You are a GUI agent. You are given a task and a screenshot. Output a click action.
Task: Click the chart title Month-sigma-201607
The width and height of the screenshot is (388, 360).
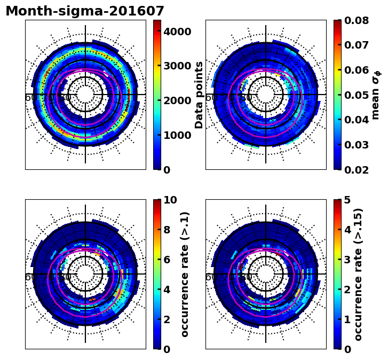85,11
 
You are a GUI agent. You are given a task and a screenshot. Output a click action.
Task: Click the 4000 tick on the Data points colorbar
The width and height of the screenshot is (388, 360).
177,32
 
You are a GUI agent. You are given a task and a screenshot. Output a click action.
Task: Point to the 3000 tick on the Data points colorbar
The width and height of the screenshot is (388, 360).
177,66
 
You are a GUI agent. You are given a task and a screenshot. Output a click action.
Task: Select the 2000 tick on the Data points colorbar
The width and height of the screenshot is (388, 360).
177,101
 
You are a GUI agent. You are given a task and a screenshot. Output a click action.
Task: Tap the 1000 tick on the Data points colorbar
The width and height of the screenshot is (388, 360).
177,135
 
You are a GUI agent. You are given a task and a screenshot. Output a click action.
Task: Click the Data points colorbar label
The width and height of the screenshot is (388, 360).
200,95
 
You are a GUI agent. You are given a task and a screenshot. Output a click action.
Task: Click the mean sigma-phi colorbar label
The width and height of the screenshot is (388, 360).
376,95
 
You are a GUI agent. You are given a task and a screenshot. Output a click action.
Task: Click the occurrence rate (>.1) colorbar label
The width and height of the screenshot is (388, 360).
185,274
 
